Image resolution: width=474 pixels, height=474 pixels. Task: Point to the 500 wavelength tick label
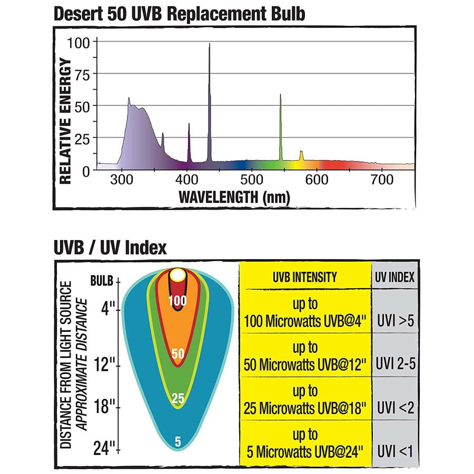[x=252, y=180]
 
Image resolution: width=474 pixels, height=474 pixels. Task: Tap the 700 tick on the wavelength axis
[x=381, y=180]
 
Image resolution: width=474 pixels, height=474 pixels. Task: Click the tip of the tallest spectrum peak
[x=209, y=44]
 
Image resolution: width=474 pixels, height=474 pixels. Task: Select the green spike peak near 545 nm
[x=280, y=95]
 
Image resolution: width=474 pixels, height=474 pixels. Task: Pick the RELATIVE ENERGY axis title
[x=65, y=121]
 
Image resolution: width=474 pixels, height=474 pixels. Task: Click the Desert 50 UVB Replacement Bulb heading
[x=179, y=14]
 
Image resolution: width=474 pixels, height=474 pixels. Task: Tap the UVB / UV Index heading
[x=110, y=247]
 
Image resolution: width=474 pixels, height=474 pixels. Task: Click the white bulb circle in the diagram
[x=178, y=274]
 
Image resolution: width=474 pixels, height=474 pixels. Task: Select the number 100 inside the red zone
[x=177, y=301]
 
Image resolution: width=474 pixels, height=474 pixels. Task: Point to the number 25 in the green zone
[x=178, y=399]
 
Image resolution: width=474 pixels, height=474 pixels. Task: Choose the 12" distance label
[x=105, y=364]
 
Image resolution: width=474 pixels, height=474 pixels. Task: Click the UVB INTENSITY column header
[x=305, y=277]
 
